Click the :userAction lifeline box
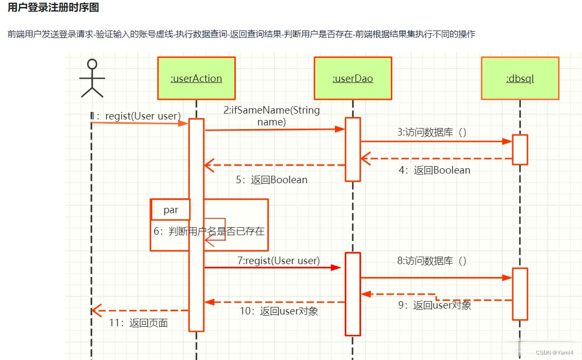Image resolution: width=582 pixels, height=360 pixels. [196, 78]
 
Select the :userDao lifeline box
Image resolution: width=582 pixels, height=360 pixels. [353, 78]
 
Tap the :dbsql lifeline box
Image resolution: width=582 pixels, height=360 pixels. [520, 78]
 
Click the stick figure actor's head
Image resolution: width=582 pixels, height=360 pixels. [92, 64]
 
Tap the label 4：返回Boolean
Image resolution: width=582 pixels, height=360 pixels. [434, 170]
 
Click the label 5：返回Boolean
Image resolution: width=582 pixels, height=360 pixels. [272, 180]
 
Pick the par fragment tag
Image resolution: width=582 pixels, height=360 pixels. [170, 210]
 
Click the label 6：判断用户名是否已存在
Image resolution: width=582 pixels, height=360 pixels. [209, 231]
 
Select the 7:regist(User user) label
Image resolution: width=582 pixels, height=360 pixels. [278, 261]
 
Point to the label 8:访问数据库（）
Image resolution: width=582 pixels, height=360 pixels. [432, 261]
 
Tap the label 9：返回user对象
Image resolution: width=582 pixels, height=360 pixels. [434, 305]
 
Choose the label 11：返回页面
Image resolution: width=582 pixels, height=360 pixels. [138, 323]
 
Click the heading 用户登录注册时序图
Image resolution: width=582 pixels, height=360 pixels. [53, 8]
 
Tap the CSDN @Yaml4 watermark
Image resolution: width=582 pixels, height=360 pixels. [555, 352]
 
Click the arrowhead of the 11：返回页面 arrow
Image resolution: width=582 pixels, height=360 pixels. [95, 310]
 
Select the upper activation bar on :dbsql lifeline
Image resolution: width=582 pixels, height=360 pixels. [520, 149]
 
